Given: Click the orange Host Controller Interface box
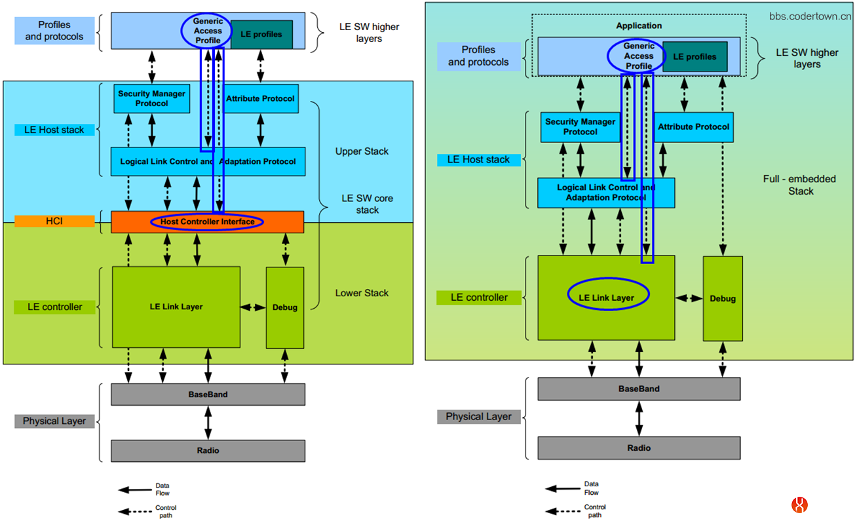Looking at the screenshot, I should pyautogui.click(x=207, y=222).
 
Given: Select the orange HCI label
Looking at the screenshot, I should pyautogui.click(x=54, y=222).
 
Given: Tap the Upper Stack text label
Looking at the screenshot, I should pyautogui.click(x=362, y=151).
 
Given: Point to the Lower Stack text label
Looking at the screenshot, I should pyautogui.click(x=362, y=293).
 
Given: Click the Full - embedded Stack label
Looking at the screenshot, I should pyautogui.click(x=790, y=185).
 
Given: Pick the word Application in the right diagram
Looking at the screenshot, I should pyautogui.click(x=639, y=26).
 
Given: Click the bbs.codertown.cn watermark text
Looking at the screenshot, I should pyautogui.click(x=810, y=16).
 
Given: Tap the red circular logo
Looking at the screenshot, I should pyautogui.click(x=799, y=505).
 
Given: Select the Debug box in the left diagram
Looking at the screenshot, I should pyautogui.click(x=285, y=307).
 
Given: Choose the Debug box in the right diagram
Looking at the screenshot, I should pyautogui.click(x=723, y=298).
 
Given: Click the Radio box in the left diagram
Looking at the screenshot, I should pyautogui.click(x=208, y=451).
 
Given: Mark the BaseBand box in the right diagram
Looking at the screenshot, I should pyautogui.click(x=639, y=389).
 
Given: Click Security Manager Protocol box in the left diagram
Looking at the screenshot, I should pyautogui.click(x=151, y=99).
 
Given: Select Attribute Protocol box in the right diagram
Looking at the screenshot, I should pyautogui.click(x=693, y=126).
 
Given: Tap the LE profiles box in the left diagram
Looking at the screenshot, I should pyautogui.click(x=261, y=35).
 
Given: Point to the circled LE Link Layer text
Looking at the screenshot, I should pyautogui.click(x=607, y=298).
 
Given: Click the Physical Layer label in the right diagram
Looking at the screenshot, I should pyautogui.click(x=478, y=417).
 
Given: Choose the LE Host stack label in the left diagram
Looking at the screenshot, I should pyautogui.click(x=54, y=130).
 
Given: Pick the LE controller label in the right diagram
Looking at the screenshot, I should pyautogui.click(x=479, y=298).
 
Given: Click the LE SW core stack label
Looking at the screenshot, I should pyautogui.click(x=367, y=204).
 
